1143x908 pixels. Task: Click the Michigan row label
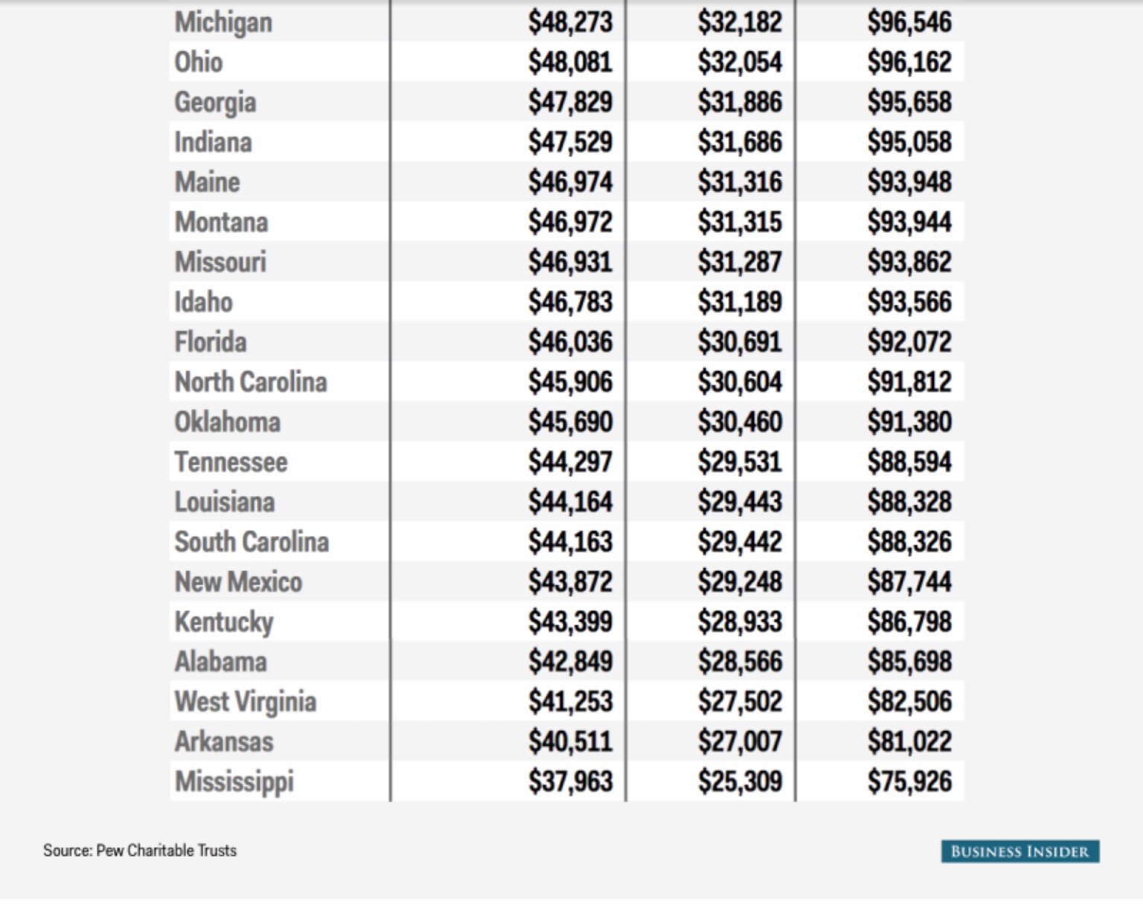pos(223,22)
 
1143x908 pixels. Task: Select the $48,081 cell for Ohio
pos(570,62)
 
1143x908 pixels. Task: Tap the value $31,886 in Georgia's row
pos(740,102)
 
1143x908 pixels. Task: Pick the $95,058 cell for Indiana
pos(909,142)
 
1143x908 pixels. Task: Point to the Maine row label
pos(207,182)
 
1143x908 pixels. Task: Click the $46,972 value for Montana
pos(570,222)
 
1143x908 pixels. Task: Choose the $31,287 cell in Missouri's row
pos(740,262)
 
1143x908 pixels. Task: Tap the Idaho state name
pos(203,302)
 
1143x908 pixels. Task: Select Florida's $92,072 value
pos(909,342)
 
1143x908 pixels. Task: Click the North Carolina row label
pos(251,382)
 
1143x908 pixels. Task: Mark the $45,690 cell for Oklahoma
pos(570,422)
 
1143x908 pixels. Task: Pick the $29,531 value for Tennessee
pos(740,462)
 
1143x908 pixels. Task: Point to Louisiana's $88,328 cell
pos(909,502)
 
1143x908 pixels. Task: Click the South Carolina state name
pos(252,542)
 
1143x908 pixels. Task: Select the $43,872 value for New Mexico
pos(570,582)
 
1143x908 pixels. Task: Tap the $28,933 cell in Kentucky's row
pos(740,622)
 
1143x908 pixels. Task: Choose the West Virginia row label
pos(245,702)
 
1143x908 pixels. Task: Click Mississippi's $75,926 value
pos(909,782)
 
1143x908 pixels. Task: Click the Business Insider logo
pos(1019,851)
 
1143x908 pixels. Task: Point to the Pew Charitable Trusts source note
pos(140,851)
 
